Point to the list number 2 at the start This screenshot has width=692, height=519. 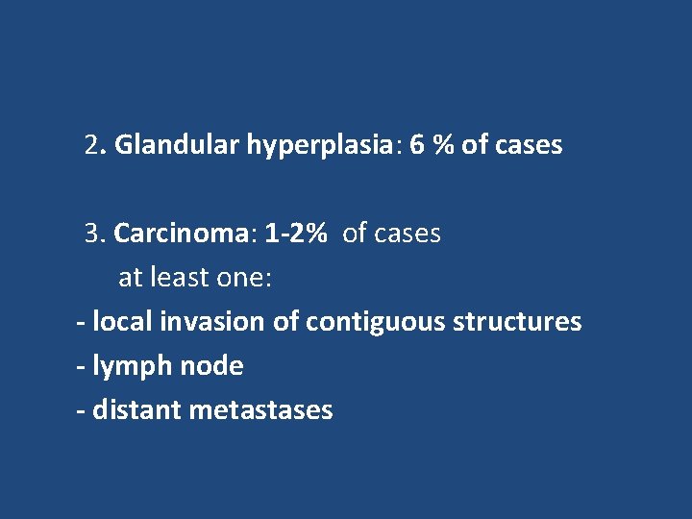pyautogui.click(x=92, y=146)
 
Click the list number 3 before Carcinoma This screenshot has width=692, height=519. pyautogui.click(x=92, y=234)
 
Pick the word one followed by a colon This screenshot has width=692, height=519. pyautogui.click(x=246, y=278)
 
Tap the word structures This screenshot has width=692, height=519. pyautogui.click(x=514, y=322)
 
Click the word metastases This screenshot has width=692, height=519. pyautogui.click(x=260, y=410)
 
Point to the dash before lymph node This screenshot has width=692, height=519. pyautogui.click(x=81, y=366)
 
